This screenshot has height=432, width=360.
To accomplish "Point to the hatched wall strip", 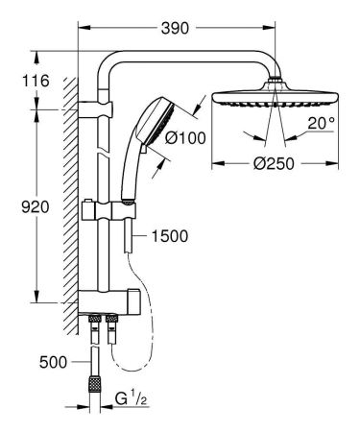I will click(x=68, y=192).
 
